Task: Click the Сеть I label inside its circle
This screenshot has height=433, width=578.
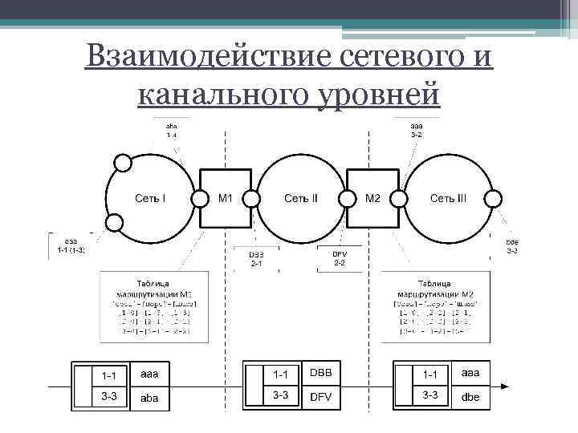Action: coord(150,197)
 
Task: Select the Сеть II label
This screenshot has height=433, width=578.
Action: coord(301,197)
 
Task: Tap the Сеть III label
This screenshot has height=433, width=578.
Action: coord(448,197)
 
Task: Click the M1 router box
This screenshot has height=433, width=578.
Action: coord(226,197)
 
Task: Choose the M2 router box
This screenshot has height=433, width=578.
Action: coord(373,197)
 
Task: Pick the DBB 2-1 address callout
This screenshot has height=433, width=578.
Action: coord(256,258)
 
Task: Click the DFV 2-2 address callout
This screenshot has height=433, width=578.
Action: coord(340,258)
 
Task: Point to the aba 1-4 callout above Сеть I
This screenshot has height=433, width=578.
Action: coord(172,131)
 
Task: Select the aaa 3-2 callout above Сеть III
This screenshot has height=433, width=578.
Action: coord(417,131)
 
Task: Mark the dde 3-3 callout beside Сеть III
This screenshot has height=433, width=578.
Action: coord(511,246)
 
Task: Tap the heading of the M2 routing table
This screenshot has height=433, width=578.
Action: coord(434,289)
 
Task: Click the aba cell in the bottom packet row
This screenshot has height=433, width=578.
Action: coord(149,396)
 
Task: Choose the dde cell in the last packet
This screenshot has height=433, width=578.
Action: coord(470,396)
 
